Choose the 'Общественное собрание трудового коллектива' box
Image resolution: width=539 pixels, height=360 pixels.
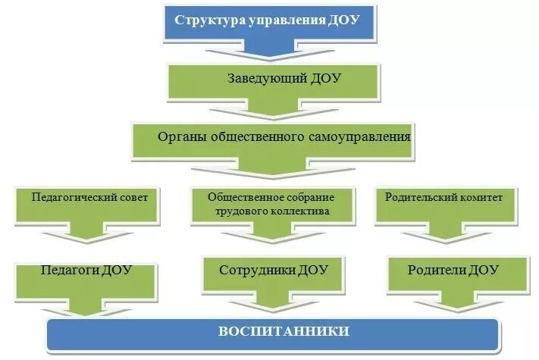(x=271, y=204)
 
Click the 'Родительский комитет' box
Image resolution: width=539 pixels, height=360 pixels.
(x=450, y=199)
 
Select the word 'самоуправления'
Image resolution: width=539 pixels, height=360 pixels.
(x=366, y=138)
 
